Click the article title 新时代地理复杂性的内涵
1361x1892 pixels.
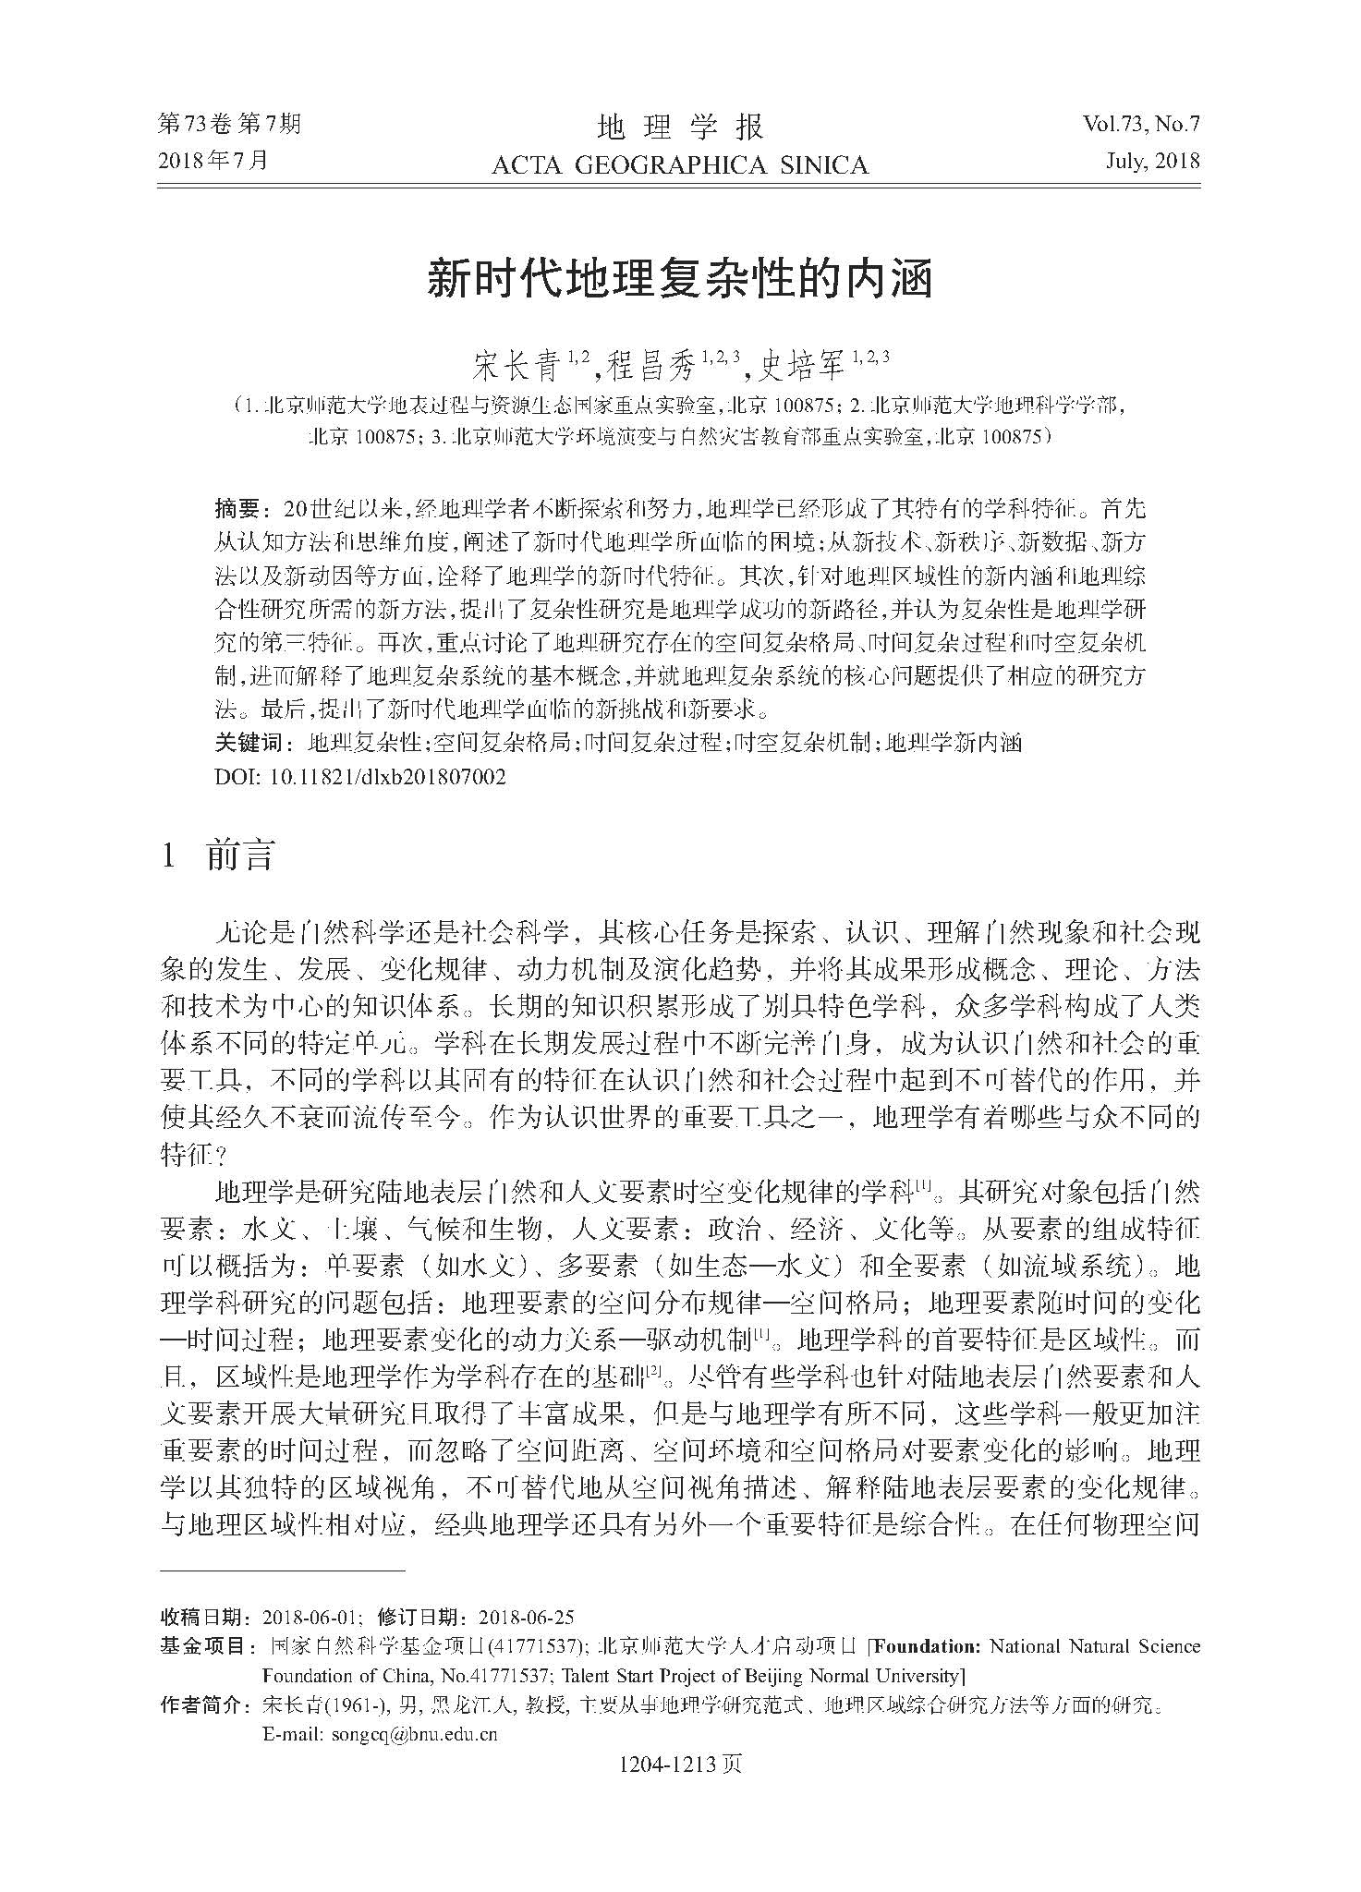coord(679,279)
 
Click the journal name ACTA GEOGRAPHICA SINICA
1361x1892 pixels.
coord(679,165)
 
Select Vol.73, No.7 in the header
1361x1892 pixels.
coord(1141,124)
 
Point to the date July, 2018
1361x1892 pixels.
coord(1151,161)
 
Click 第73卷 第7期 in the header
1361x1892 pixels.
coord(230,124)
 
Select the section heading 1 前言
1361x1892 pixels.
coord(218,855)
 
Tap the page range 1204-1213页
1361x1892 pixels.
coord(680,1765)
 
